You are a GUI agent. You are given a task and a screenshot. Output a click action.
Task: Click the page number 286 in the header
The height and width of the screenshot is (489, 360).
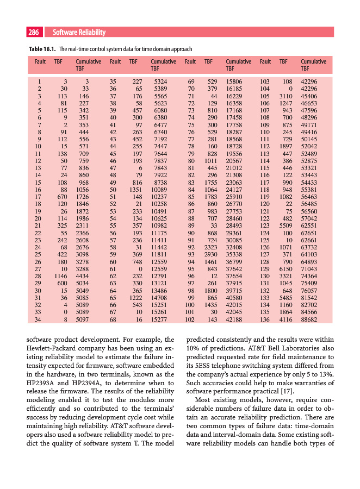[x=34, y=32]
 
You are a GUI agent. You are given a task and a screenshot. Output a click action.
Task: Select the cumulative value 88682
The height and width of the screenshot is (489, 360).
[x=309, y=320]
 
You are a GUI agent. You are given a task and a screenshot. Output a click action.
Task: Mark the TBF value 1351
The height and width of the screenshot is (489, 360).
[x=133, y=190]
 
